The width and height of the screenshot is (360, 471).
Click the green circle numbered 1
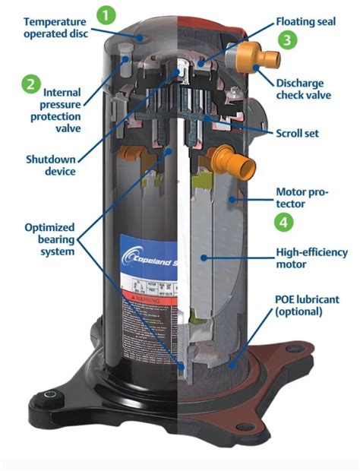[107, 14]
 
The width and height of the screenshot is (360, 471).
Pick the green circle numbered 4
[283, 222]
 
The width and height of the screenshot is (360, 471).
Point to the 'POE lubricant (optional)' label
[311, 305]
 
